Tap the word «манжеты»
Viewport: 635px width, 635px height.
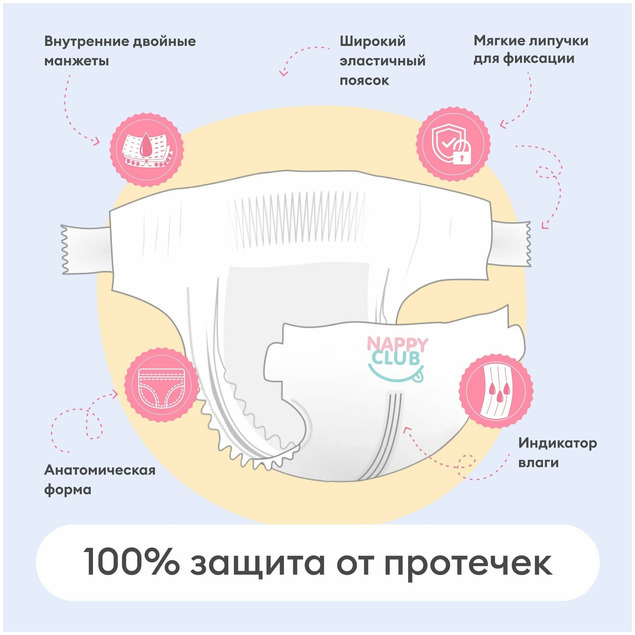pos(77,61)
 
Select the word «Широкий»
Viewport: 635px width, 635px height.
pos(372,42)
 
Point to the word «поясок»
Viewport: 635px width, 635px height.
pos(364,81)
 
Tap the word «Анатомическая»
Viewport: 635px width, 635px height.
pos(100,470)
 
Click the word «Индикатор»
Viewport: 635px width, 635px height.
pos(558,443)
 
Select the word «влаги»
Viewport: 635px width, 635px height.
pos(538,463)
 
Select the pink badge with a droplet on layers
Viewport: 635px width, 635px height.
pos(147,150)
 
